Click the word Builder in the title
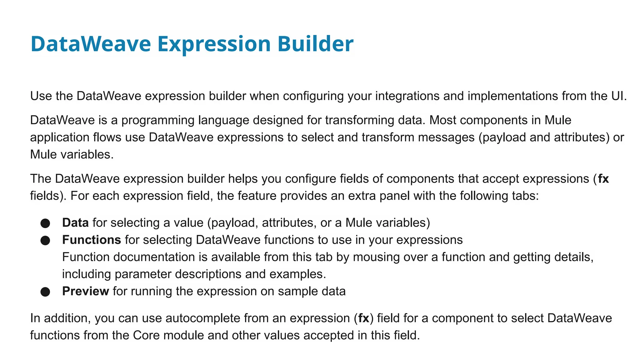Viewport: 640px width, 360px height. click(315, 44)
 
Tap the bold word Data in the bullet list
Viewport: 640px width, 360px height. click(75, 222)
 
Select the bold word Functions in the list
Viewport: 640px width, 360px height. click(91, 240)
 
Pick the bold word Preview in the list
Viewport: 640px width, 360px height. click(85, 291)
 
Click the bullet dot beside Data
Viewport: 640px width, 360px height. click(45, 223)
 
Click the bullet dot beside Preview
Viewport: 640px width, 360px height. click(45, 292)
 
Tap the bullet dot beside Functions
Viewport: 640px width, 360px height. click(45, 240)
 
